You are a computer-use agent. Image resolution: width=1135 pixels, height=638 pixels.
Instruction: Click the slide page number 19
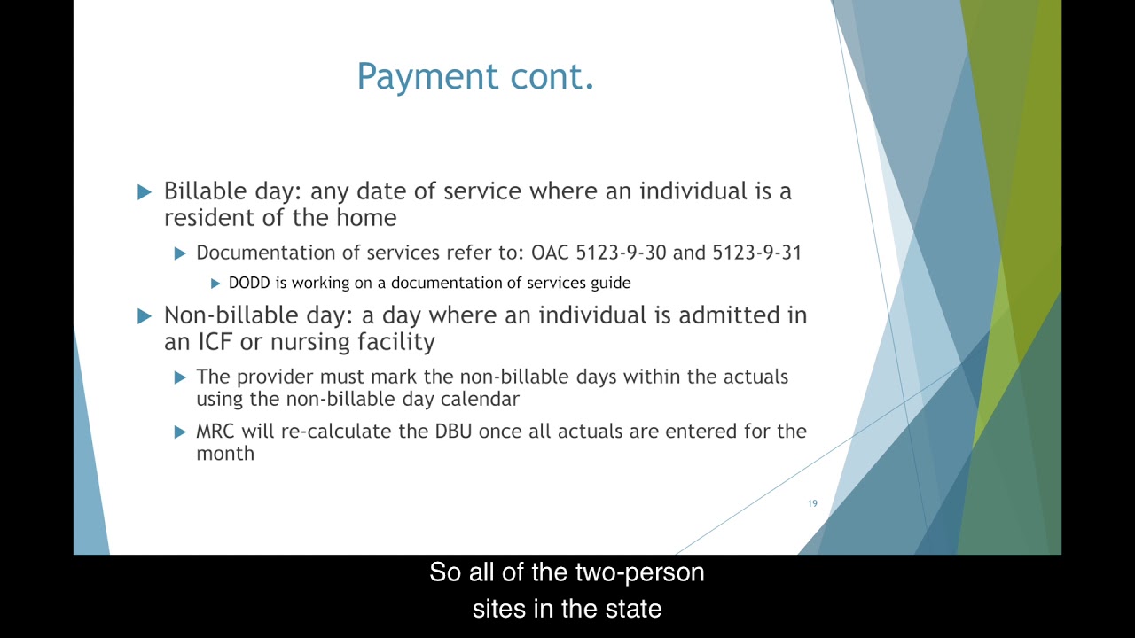pos(812,503)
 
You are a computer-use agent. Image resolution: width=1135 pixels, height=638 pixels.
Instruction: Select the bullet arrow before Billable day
pos(145,192)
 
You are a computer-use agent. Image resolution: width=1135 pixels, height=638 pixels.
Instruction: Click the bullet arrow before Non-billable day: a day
pos(145,316)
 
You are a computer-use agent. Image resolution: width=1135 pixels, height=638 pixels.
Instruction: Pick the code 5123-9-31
pos(756,253)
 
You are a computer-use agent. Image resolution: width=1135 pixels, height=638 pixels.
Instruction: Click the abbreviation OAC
pos(551,253)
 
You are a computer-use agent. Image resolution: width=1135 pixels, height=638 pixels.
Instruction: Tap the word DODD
pos(249,283)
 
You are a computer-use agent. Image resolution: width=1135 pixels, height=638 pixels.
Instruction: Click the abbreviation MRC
pos(215,432)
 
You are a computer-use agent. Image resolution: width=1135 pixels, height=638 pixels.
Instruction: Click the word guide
pos(611,283)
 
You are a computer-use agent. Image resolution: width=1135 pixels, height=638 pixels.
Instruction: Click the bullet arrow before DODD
pos(215,284)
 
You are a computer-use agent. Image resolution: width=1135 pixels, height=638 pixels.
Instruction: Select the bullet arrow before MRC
pos(180,432)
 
